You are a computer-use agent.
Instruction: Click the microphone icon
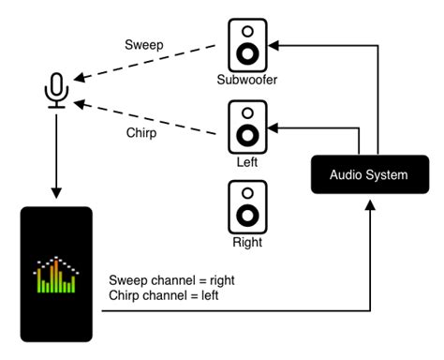tap(57, 91)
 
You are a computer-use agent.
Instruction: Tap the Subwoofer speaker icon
tap(247, 43)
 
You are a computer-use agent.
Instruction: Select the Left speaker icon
tap(247, 126)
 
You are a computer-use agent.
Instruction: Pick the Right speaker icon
tap(247, 206)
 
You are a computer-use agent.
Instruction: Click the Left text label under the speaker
tap(247, 162)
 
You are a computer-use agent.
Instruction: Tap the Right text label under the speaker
tap(247, 243)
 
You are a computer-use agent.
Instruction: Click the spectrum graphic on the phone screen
tap(57, 275)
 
